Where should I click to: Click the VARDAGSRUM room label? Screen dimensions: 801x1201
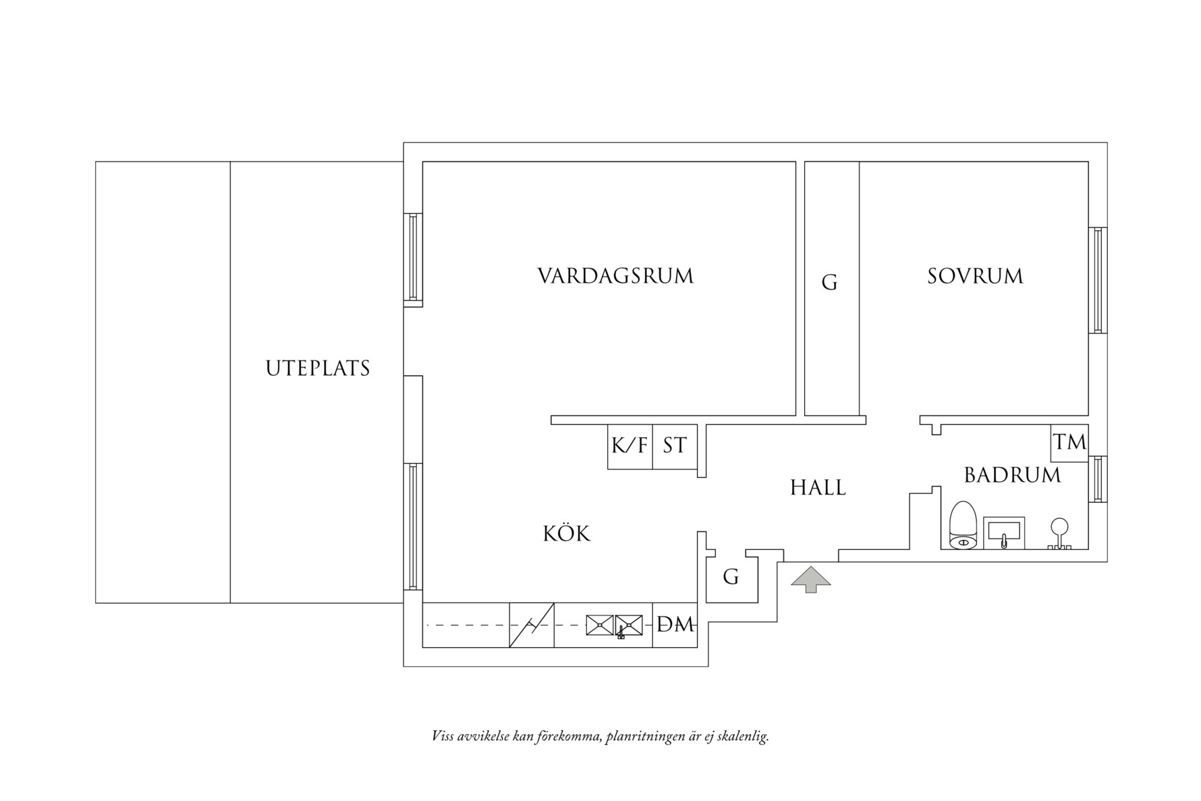pos(615,277)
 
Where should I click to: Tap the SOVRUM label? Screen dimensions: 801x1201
pos(975,277)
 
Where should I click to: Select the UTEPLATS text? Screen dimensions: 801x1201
pos(318,369)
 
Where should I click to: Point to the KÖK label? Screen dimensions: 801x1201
pos(567,534)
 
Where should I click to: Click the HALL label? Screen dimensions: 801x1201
pos(818,488)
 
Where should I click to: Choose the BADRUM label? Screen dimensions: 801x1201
pos(1012,476)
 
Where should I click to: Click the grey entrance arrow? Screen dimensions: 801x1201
pos(811,580)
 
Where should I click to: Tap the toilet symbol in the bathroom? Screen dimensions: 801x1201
pos(962,526)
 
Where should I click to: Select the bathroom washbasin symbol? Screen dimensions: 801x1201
pos(1004,533)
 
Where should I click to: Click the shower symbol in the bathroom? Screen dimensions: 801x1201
pos(1059,534)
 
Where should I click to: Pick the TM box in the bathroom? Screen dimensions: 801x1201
pos(1069,443)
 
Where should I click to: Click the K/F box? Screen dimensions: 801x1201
pos(630,446)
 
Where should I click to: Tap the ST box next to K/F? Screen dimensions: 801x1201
pos(674,446)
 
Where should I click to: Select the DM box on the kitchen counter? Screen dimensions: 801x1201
pos(675,625)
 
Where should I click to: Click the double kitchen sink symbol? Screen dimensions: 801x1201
pos(614,626)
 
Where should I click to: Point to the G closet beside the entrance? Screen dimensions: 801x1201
pos(731,578)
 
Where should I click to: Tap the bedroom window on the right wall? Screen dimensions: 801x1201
pos(1098,280)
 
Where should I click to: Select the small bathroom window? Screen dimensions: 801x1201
pos(1098,479)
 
